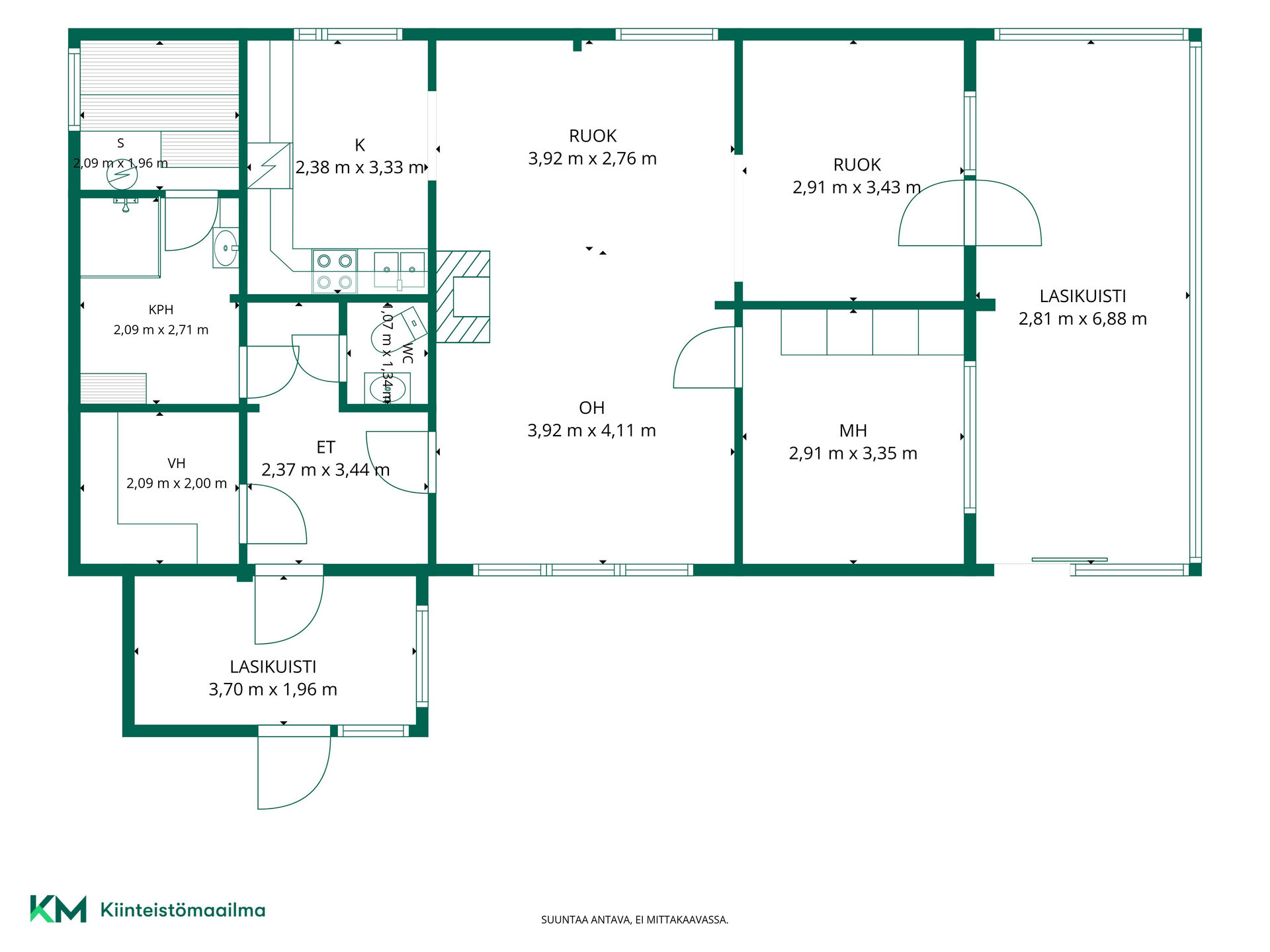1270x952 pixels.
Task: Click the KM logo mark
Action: pyautogui.click(x=58, y=909)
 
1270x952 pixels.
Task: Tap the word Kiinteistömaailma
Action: pyautogui.click(x=183, y=910)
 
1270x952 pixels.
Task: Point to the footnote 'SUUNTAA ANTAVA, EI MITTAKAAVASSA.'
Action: pyautogui.click(x=634, y=920)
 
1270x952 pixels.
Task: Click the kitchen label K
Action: pyautogui.click(x=360, y=145)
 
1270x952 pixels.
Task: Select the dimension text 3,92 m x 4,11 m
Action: pyautogui.click(x=591, y=430)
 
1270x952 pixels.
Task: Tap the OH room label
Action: pyautogui.click(x=591, y=408)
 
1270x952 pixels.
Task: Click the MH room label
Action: pyautogui.click(x=853, y=431)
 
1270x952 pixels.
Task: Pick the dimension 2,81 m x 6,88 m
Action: pyautogui.click(x=1082, y=319)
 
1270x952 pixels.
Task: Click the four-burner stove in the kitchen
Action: pyautogui.click(x=335, y=271)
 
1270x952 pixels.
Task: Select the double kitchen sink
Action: pyautogui.click(x=400, y=270)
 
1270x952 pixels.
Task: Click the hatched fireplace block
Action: pyautogui.click(x=463, y=297)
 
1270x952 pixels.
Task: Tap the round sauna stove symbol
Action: pyautogui.click(x=122, y=175)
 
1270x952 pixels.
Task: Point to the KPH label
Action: pyautogui.click(x=161, y=309)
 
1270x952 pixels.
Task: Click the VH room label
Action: pyautogui.click(x=176, y=463)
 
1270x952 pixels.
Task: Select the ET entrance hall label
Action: pyautogui.click(x=325, y=448)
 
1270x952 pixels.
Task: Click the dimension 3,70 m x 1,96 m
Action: pyautogui.click(x=273, y=690)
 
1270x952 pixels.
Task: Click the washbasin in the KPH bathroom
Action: pyautogui.click(x=226, y=247)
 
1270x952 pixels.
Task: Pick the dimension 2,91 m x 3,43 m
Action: pyautogui.click(x=857, y=188)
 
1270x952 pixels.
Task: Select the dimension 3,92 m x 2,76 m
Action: pyautogui.click(x=592, y=159)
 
